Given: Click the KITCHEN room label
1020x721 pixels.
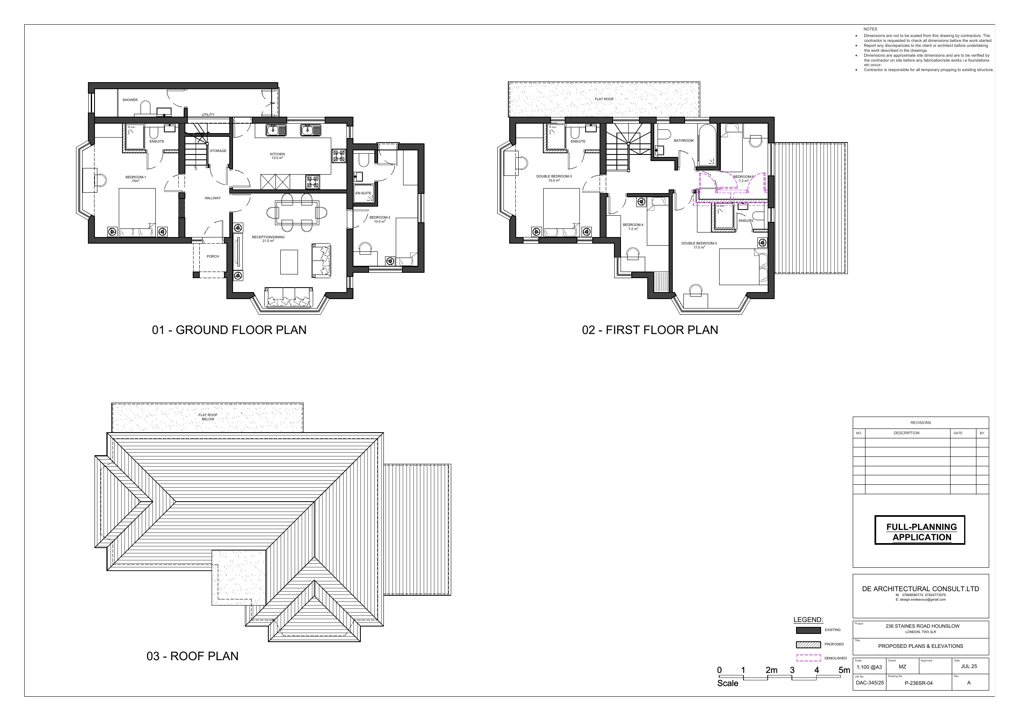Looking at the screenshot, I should [277, 154].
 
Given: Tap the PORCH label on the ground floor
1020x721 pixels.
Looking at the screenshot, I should [213, 256].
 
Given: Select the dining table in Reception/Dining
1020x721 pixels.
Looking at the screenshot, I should [297, 212].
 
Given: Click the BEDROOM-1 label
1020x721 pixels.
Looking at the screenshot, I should [136, 177].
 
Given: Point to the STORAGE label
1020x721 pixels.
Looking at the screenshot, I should [218, 151].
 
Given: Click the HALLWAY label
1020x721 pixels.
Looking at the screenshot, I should [213, 198].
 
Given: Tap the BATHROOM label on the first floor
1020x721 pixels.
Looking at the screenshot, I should [683, 141].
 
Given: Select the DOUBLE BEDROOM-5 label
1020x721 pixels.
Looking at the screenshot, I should [699, 244].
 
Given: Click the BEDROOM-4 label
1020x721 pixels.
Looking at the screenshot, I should [633, 225].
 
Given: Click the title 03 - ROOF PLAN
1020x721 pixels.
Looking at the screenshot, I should [192, 656].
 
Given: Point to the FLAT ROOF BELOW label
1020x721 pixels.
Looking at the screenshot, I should [208, 417].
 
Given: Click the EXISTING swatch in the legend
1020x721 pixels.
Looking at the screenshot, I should [808, 630].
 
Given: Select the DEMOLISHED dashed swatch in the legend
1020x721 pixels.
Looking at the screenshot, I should [808, 658].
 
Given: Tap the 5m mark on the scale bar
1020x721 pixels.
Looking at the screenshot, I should [844, 670].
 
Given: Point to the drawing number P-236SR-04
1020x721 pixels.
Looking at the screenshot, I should [918, 683].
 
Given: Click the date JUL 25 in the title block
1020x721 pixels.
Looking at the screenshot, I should [969, 666].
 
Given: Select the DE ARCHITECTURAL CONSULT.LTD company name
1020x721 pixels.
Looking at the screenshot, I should [920, 589].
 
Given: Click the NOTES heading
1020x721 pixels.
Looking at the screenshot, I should [870, 29].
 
